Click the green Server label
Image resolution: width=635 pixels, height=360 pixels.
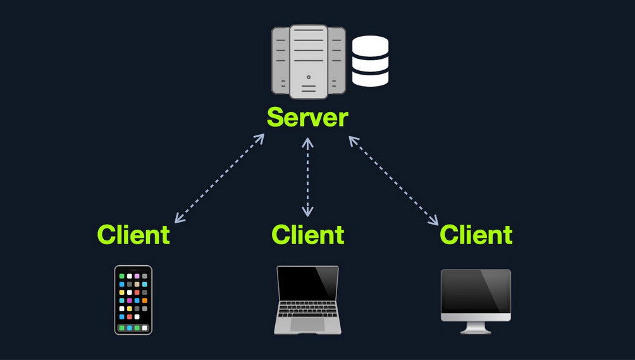coord(307,118)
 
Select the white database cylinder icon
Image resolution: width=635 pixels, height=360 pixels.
coord(370,61)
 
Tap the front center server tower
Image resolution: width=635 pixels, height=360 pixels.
coord(309,61)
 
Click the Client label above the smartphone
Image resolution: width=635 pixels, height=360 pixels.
coord(133,235)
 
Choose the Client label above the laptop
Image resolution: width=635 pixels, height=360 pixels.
coord(307,235)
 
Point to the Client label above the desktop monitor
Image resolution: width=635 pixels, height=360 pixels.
coord(476,235)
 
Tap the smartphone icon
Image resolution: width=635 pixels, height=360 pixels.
coord(133,300)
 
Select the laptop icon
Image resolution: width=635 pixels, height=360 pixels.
coord(307,299)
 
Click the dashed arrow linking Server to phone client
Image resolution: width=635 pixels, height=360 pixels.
coord(219,178)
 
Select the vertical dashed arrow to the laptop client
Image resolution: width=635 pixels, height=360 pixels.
coord(307,177)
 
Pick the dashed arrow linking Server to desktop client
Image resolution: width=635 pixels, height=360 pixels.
coord(393,180)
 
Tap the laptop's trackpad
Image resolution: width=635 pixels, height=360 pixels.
coord(307,323)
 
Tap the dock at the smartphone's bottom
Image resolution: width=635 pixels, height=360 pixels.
coord(133,328)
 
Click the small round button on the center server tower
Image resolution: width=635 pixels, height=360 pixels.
coord(309,77)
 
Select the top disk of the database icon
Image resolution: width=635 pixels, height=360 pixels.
coord(370,45)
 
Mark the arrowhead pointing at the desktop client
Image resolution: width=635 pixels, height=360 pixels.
coord(434,221)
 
